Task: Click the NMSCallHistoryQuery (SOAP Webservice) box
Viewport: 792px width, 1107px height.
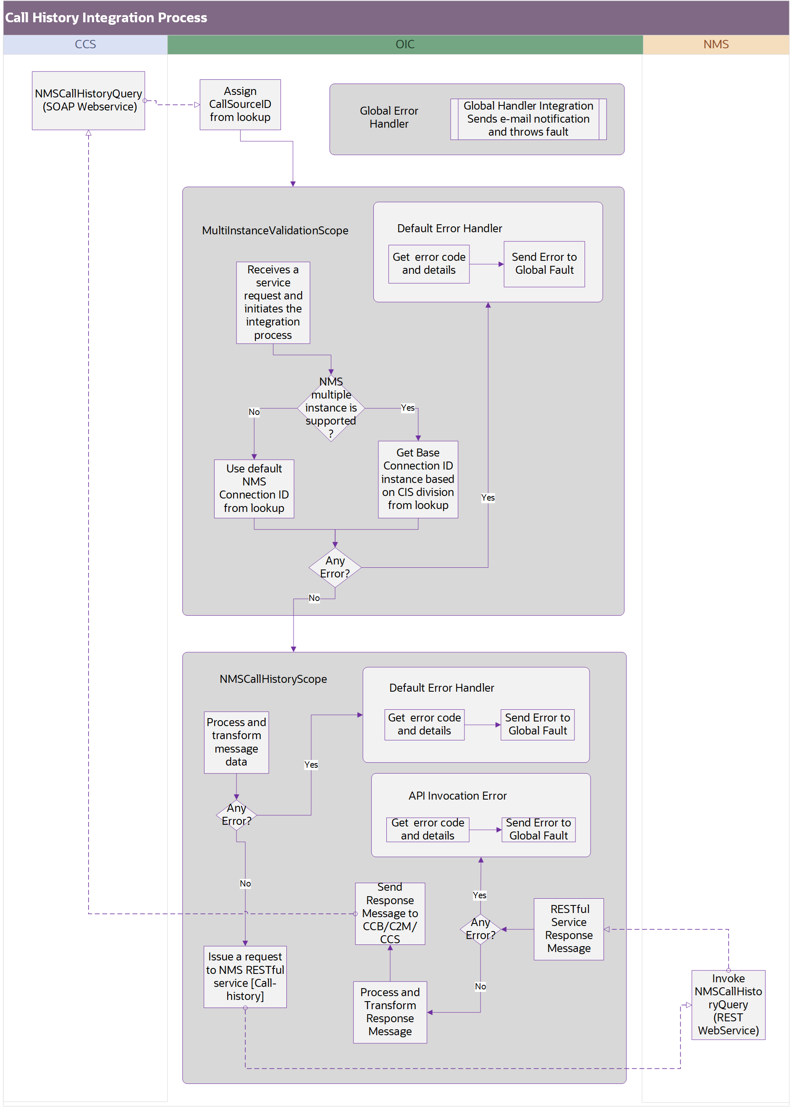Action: tap(88, 100)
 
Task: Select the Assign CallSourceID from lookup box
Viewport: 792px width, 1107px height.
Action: tap(240, 105)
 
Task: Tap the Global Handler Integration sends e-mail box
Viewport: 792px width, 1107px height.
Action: tap(528, 119)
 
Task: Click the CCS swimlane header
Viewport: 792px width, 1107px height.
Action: tap(85, 45)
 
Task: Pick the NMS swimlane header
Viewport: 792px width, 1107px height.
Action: tap(716, 45)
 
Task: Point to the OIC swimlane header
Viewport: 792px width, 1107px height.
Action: tap(405, 45)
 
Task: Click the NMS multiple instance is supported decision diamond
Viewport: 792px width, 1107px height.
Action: tap(330, 408)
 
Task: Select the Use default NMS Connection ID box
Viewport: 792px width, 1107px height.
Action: tap(254, 488)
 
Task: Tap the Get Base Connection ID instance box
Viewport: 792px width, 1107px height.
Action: tap(417, 479)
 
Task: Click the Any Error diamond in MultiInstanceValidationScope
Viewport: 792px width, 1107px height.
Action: tap(335, 567)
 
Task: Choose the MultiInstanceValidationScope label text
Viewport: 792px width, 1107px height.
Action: tap(275, 230)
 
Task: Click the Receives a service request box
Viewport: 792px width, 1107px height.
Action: tap(273, 302)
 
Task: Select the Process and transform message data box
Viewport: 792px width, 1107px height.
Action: tap(236, 742)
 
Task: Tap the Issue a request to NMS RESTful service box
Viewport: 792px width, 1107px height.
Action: tap(245, 976)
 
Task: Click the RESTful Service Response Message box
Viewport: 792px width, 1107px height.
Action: tap(569, 929)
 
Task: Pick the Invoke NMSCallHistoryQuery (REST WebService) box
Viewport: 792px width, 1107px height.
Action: tap(728, 1004)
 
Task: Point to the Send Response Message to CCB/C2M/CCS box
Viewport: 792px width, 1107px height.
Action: tap(390, 913)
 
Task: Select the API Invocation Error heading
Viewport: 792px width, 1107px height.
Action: tap(457, 795)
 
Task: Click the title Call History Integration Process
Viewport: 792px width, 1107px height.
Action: tap(106, 18)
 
